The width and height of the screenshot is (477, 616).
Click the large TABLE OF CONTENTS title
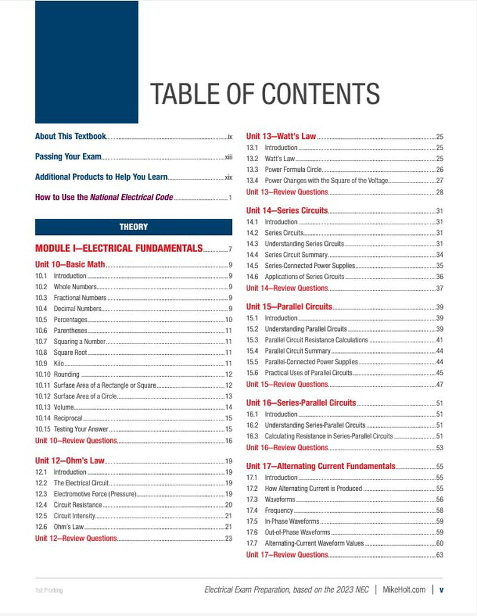click(265, 94)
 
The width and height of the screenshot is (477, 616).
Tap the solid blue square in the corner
click(86, 62)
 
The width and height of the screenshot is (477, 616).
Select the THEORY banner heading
click(134, 227)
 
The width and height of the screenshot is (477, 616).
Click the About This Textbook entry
click(70, 137)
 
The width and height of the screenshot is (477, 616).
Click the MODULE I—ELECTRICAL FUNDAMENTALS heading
click(119, 249)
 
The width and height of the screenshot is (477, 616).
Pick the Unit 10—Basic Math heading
click(70, 265)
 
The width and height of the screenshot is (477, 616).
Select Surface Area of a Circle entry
click(85, 397)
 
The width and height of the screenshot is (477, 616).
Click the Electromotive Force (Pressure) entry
click(95, 494)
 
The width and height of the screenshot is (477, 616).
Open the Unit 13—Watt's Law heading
click(281, 137)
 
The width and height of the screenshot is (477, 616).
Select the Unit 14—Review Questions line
click(287, 288)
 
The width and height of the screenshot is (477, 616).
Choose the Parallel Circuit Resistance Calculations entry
click(316, 340)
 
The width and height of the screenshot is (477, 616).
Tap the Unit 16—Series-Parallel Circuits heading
click(301, 403)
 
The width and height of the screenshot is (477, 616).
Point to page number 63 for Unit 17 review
click(439, 555)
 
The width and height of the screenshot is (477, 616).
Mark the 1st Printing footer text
click(49, 590)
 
